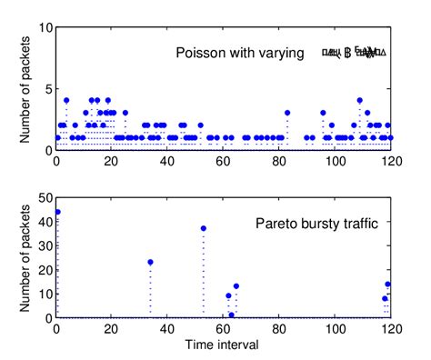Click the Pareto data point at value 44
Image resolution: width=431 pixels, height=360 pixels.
coord(57,212)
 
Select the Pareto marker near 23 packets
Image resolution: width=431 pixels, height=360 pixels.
coord(150,262)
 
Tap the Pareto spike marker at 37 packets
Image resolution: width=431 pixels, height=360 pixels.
coord(203,228)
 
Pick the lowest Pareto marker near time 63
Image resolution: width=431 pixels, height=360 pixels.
coord(231,315)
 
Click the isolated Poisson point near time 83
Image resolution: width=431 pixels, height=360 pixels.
coord(287,113)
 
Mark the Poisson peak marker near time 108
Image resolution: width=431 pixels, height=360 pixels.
coord(360,100)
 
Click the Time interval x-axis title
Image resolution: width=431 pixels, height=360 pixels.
coord(224,346)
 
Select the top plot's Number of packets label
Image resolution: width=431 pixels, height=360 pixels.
coord(25,88)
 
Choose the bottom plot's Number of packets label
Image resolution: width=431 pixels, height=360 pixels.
coord(25,257)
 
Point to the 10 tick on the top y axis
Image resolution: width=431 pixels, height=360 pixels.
coord(45,27)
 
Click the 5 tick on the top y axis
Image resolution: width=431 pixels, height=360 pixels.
coord(47,89)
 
